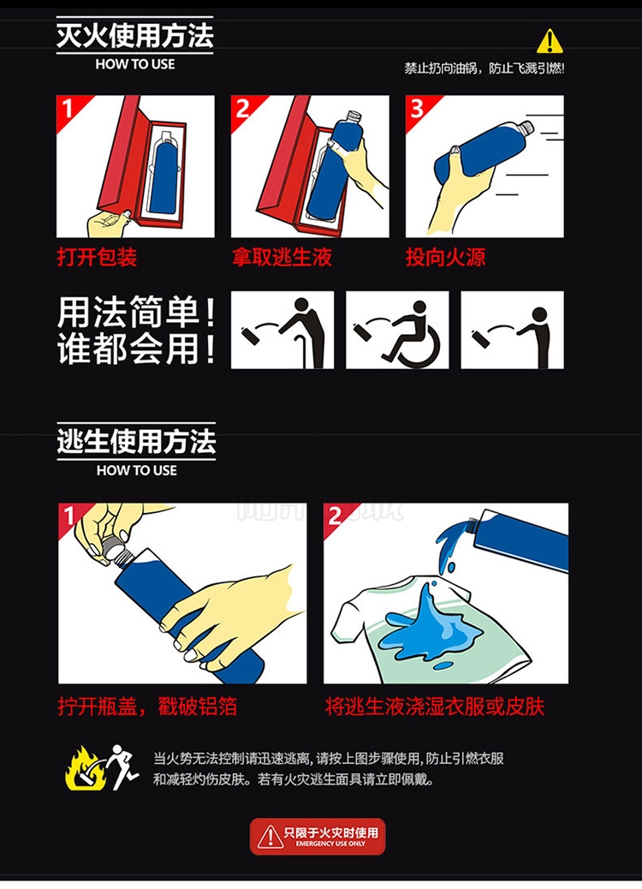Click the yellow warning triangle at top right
pos(549,41)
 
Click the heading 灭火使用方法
pos(135,35)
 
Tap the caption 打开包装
pos(97,257)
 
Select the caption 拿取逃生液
pos(282,257)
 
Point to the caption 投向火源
pos(445,257)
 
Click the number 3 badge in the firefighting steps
pos(418,108)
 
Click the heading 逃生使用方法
pos(136,441)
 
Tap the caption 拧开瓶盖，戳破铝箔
pos(147,707)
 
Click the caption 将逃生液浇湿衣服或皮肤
pos(435,707)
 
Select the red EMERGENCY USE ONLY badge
pos(318,836)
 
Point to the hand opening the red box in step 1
pos(108,223)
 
